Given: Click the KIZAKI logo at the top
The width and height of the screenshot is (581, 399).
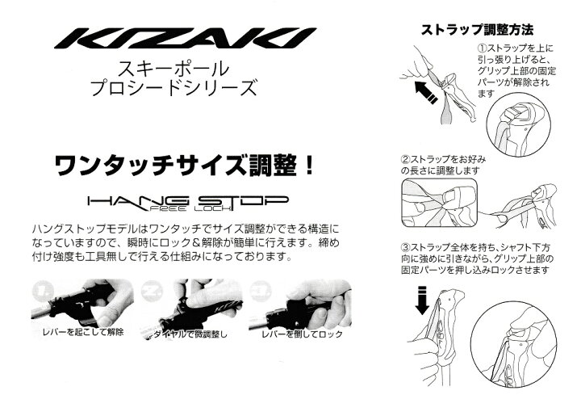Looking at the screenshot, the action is [186, 38].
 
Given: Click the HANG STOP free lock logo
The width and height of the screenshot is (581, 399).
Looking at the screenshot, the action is [188, 203].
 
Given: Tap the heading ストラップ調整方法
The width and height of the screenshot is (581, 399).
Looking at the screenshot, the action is [477, 30].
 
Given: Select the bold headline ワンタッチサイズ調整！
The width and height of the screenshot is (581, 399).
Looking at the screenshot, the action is [184, 165].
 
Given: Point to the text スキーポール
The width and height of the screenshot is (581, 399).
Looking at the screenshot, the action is [173, 69].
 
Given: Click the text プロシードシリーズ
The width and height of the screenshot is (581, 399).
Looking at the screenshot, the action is [173, 88].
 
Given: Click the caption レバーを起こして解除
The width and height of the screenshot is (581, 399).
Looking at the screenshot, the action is [83, 332].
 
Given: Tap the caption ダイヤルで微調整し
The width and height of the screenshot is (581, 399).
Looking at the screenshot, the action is [190, 334].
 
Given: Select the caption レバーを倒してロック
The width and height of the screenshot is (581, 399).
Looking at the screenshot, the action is [302, 334].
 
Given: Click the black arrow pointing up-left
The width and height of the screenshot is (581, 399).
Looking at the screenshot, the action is [426, 92].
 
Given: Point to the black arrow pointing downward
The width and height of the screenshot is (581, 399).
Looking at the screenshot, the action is [422, 300].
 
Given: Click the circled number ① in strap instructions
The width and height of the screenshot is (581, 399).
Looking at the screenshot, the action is [482, 48].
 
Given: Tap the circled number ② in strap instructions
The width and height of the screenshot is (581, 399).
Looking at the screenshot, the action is [405, 160].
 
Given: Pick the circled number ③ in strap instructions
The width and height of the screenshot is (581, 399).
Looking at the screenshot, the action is [405, 247].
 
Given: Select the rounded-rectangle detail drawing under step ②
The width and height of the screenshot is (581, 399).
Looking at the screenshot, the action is [440, 203].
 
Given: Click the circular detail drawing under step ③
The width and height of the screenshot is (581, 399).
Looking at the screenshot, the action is [514, 341].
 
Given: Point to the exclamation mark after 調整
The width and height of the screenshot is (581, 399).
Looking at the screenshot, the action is [307, 165].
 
